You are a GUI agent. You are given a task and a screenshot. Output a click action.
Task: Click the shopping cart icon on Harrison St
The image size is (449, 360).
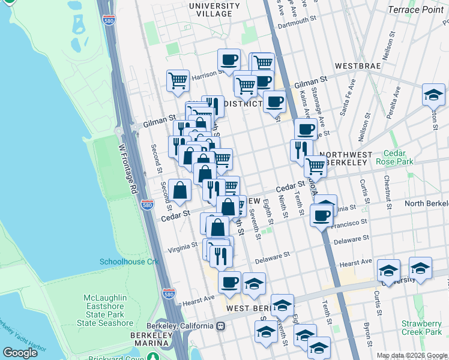[178, 80]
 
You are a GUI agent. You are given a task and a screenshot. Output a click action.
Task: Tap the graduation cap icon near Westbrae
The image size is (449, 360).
[433, 95]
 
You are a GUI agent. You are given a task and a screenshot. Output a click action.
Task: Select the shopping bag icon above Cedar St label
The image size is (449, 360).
[180, 190]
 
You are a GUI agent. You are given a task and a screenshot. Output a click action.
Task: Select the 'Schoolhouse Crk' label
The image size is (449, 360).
[128, 262]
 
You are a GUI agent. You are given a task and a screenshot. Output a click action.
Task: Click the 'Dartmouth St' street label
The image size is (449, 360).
[297, 22]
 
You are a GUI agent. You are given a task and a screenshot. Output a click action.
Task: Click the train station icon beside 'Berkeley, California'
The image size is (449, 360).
[221, 326]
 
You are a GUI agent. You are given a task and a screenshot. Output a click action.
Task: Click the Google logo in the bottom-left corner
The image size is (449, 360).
[20, 353]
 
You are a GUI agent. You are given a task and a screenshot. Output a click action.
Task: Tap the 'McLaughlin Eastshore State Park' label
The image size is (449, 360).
[105, 310]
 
